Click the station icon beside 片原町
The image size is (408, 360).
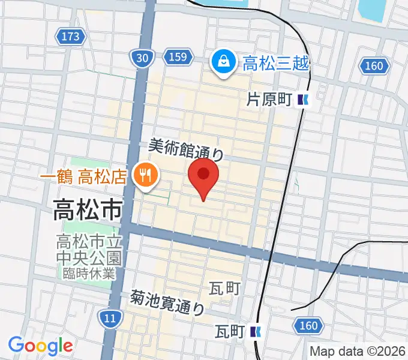tap(305, 100)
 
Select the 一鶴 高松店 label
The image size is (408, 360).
tap(83, 176)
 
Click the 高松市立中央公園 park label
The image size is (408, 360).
tap(89, 250)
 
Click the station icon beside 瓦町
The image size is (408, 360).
tap(256, 331)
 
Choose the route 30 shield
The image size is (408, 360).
tap(142, 57)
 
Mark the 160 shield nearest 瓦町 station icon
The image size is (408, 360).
tap(308, 326)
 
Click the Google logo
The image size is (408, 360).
tap(40, 346)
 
